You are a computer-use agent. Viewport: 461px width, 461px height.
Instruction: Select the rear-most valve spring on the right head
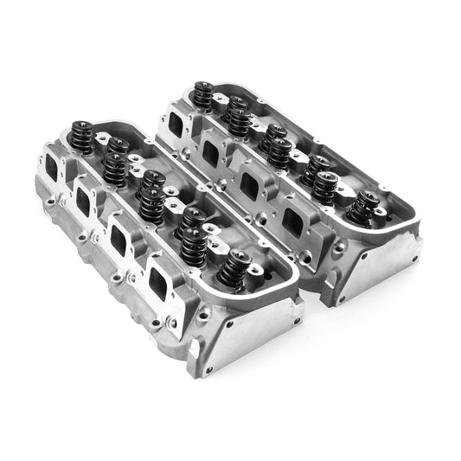[203, 94]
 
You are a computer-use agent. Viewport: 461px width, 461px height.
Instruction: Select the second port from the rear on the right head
[209, 154]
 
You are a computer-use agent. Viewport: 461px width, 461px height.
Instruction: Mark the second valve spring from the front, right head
[327, 187]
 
